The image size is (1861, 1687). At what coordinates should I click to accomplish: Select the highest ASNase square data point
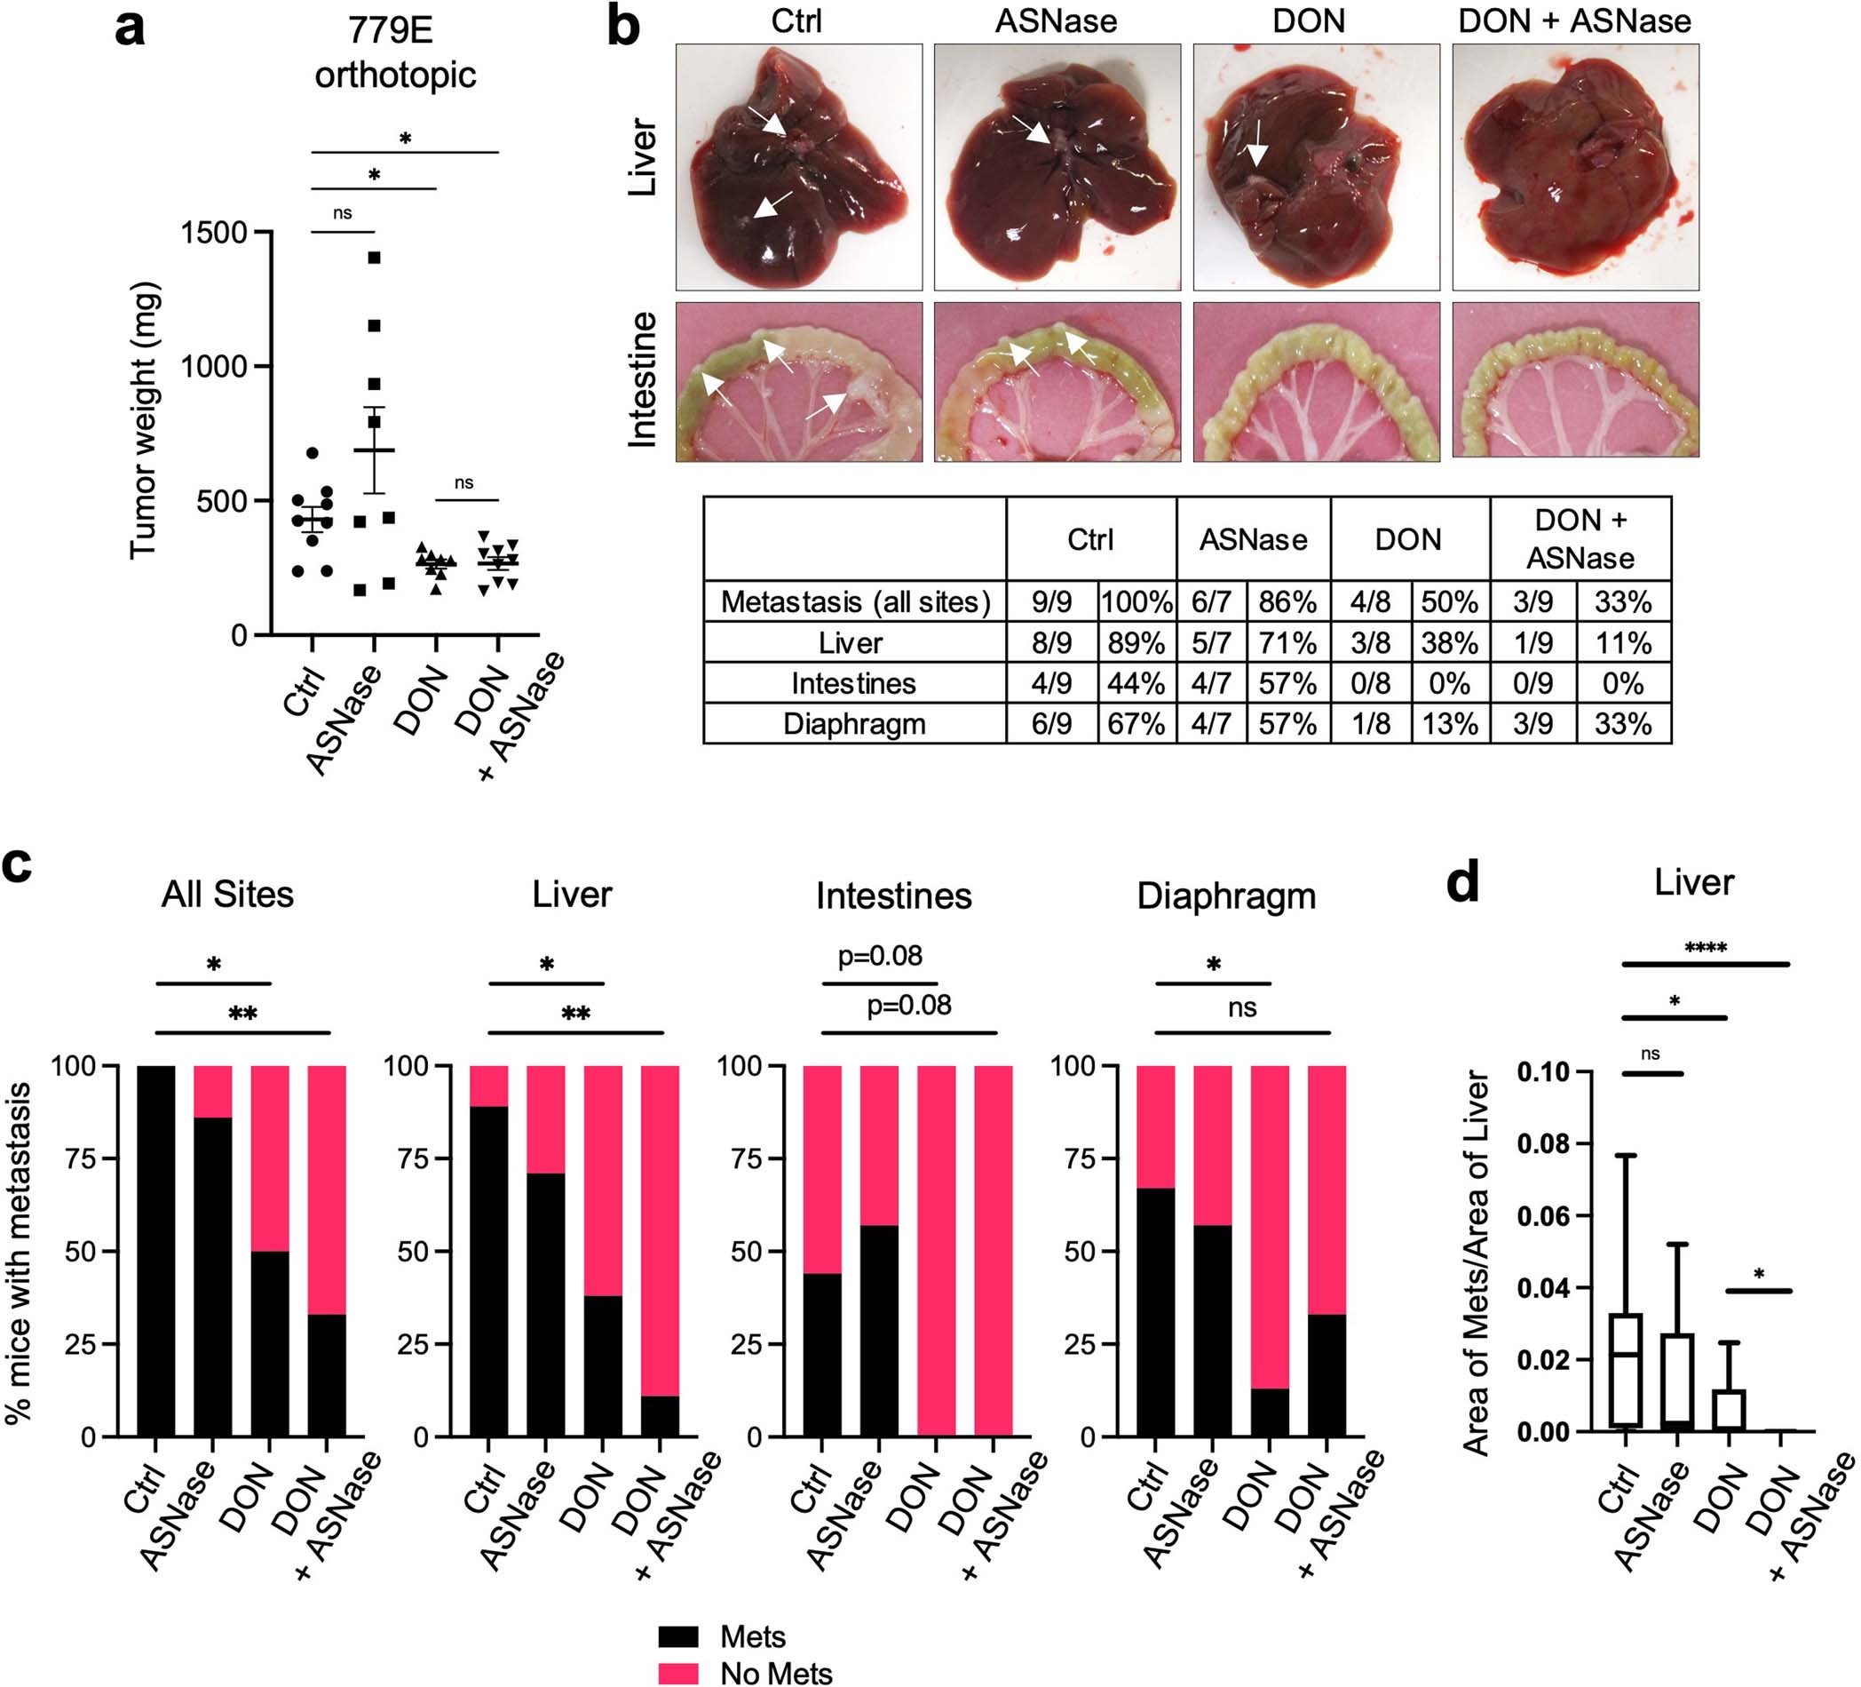click(x=374, y=258)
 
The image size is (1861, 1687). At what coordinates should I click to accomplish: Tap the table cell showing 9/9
click(x=1051, y=602)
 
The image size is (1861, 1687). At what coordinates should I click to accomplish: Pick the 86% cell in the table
click(x=1287, y=602)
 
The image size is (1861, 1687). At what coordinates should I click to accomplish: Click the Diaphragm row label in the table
click(x=854, y=724)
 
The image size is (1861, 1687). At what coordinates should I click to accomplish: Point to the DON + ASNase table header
click(x=1580, y=539)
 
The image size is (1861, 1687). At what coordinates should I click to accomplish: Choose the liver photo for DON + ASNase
click(x=1575, y=167)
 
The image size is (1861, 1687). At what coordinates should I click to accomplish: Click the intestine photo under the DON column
click(x=1316, y=381)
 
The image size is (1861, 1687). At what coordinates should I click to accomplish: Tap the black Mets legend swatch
click(x=678, y=1637)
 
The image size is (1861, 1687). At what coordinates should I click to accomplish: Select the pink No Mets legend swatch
click(x=678, y=1673)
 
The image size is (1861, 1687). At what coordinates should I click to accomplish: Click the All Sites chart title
click(x=227, y=894)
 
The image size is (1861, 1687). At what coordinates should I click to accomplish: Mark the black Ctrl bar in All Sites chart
click(x=156, y=1251)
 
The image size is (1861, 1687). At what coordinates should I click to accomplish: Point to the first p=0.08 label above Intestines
click(x=880, y=956)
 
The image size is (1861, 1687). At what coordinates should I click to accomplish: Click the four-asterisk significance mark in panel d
click(x=1705, y=948)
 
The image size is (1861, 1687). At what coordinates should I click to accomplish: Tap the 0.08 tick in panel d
click(x=1540, y=1144)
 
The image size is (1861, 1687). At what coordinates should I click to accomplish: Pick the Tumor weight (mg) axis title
click(x=145, y=420)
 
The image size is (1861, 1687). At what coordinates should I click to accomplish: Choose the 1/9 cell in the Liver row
click(x=1532, y=642)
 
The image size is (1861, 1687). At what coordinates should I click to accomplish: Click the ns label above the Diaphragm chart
click(x=1242, y=1007)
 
